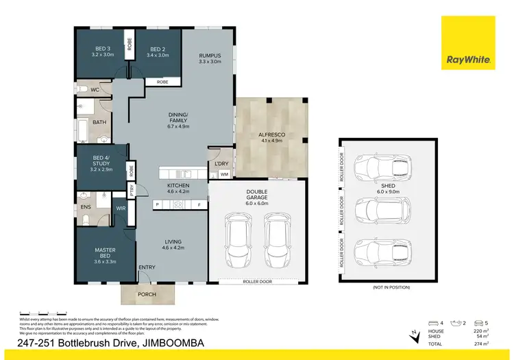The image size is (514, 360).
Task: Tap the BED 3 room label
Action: pyautogui.click(x=101, y=49)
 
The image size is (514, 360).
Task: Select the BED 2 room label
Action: pyautogui.click(x=158, y=49)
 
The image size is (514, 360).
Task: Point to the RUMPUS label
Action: pyautogui.click(x=209, y=56)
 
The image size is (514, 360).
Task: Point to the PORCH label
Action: pyautogui.click(x=147, y=294)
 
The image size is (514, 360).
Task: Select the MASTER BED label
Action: pyautogui.click(x=105, y=254)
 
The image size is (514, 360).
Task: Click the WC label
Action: pyautogui.click(x=95, y=89)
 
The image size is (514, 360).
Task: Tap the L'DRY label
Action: pyautogui.click(x=221, y=163)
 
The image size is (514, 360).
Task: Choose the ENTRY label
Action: pyautogui.click(x=147, y=267)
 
